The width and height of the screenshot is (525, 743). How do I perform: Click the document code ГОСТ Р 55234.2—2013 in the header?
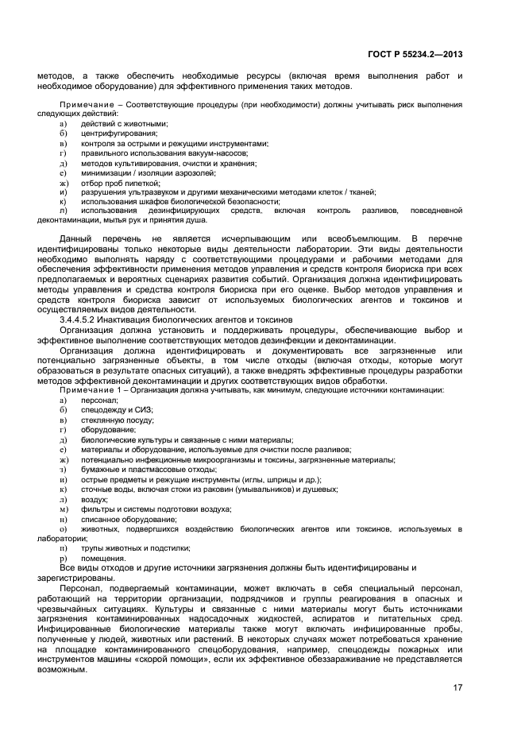pos(415,54)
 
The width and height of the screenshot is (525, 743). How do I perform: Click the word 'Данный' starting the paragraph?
pos(76,238)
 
